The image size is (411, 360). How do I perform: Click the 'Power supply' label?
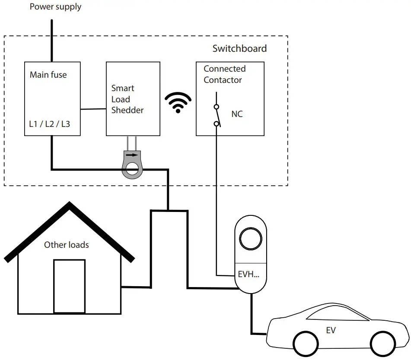coord(55,7)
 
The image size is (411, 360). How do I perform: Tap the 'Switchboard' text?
coord(239,48)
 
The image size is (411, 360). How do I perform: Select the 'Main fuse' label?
coord(48,75)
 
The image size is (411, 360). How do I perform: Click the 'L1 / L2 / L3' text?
coord(49,124)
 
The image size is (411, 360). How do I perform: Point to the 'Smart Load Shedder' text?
coord(127,99)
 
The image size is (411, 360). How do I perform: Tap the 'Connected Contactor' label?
coord(224,74)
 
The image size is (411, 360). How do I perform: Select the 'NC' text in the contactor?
coord(237,114)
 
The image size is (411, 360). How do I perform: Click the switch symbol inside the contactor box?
coord(217,115)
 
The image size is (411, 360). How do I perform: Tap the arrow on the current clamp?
coord(132,154)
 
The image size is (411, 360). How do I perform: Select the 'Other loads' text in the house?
coord(67,245)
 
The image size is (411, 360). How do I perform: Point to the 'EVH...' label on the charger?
coord(249,274)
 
